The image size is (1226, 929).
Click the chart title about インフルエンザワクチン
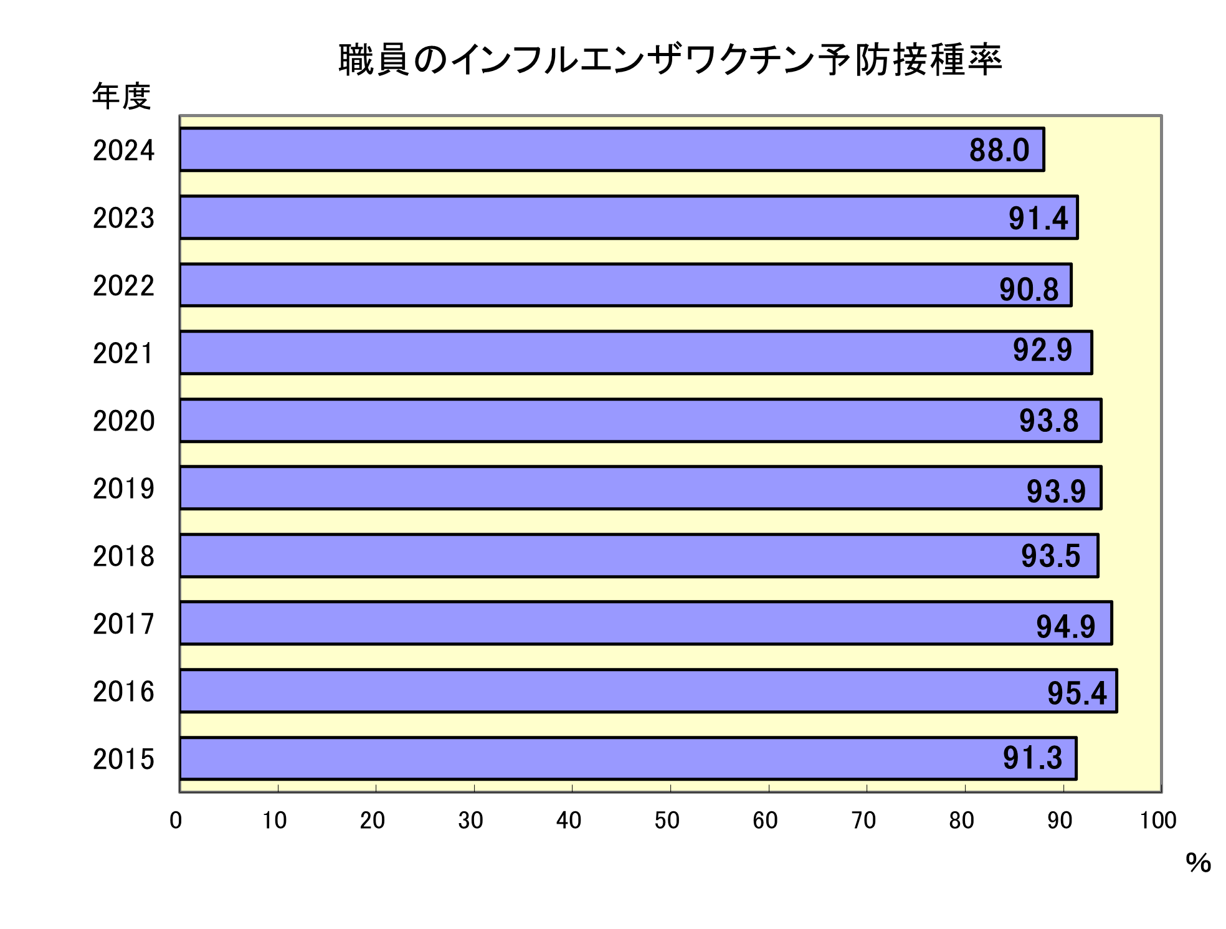(670, 60)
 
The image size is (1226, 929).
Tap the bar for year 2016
(648, 691)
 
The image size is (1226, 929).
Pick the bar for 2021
(635, 353)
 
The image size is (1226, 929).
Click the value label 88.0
(999, 150)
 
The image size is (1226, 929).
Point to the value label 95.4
(1077, 693)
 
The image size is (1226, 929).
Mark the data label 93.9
(1056, 491)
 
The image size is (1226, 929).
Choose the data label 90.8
(1029, 289)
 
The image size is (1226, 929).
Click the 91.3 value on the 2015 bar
(1032, 758)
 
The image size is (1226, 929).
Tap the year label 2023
(123, 218)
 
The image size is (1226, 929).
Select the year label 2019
(123, 488)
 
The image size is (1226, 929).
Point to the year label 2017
(123, 624)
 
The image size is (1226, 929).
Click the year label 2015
(123, 759)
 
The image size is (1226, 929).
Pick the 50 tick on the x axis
(667, 821)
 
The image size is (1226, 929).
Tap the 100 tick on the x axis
(1157, 821)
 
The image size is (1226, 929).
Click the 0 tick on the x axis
(176, 821)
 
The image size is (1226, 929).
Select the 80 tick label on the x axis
(961, 821)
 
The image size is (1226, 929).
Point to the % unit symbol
(1198, 863)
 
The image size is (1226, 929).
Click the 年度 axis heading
(121, 97)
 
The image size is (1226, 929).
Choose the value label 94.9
(1065, 626)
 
